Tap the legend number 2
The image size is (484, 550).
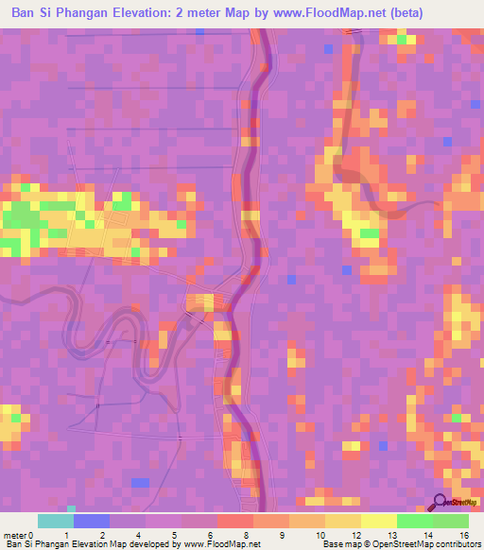coord(102,534)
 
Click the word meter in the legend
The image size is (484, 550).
coord(14,534)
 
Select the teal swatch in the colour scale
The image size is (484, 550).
coord(56,521)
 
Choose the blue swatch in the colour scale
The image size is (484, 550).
coord(92,521)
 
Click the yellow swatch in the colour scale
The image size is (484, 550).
coord(379,521)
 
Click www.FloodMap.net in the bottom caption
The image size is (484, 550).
coord(221,544)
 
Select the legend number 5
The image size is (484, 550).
coord(172,534)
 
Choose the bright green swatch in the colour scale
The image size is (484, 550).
coord(415,521)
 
